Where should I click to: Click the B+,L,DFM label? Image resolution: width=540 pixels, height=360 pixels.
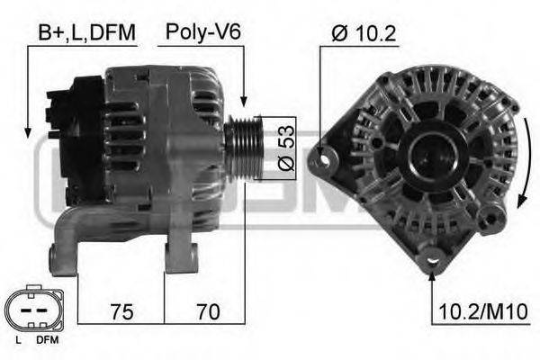(x=86, y=33)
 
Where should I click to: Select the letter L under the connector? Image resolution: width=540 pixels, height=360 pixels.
(x=19, y=343)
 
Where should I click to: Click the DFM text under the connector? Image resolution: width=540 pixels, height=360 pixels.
(x=46, y=343)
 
